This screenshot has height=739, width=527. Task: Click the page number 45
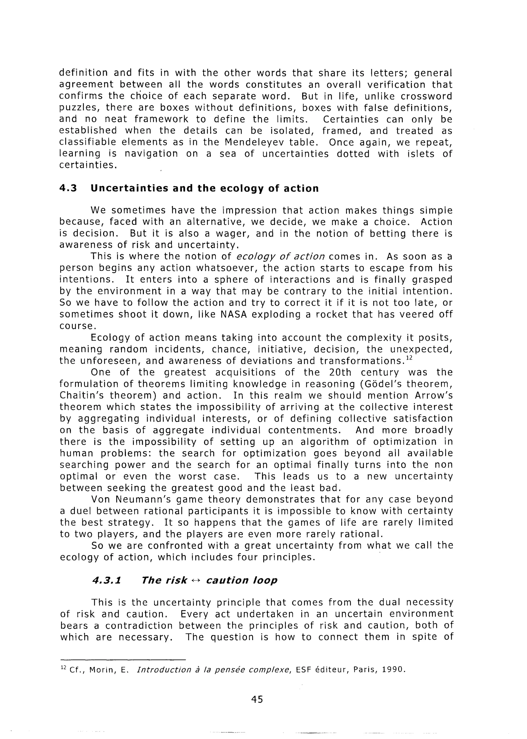click(257, 699)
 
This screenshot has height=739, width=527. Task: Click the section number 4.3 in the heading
click(68, 189)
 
